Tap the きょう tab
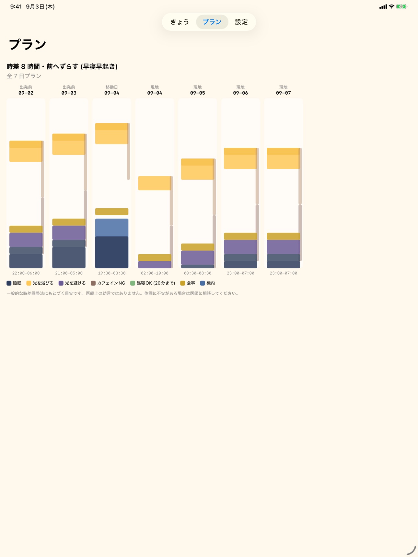180,22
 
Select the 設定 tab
241,22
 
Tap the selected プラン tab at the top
212,22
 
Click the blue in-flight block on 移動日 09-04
112,227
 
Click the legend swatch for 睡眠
9,283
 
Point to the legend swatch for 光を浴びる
29,283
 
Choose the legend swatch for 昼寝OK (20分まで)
133,283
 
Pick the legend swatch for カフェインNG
93,283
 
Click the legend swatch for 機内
203,283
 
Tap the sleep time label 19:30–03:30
112,273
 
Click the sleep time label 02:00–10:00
155,273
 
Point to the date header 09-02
26,93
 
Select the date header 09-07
284,93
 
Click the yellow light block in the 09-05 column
198,169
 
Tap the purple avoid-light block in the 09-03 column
69,233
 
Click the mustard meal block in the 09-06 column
240,236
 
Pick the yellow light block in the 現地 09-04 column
155,183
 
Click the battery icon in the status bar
402,6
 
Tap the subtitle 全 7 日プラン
24,76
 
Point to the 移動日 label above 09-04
112,87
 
